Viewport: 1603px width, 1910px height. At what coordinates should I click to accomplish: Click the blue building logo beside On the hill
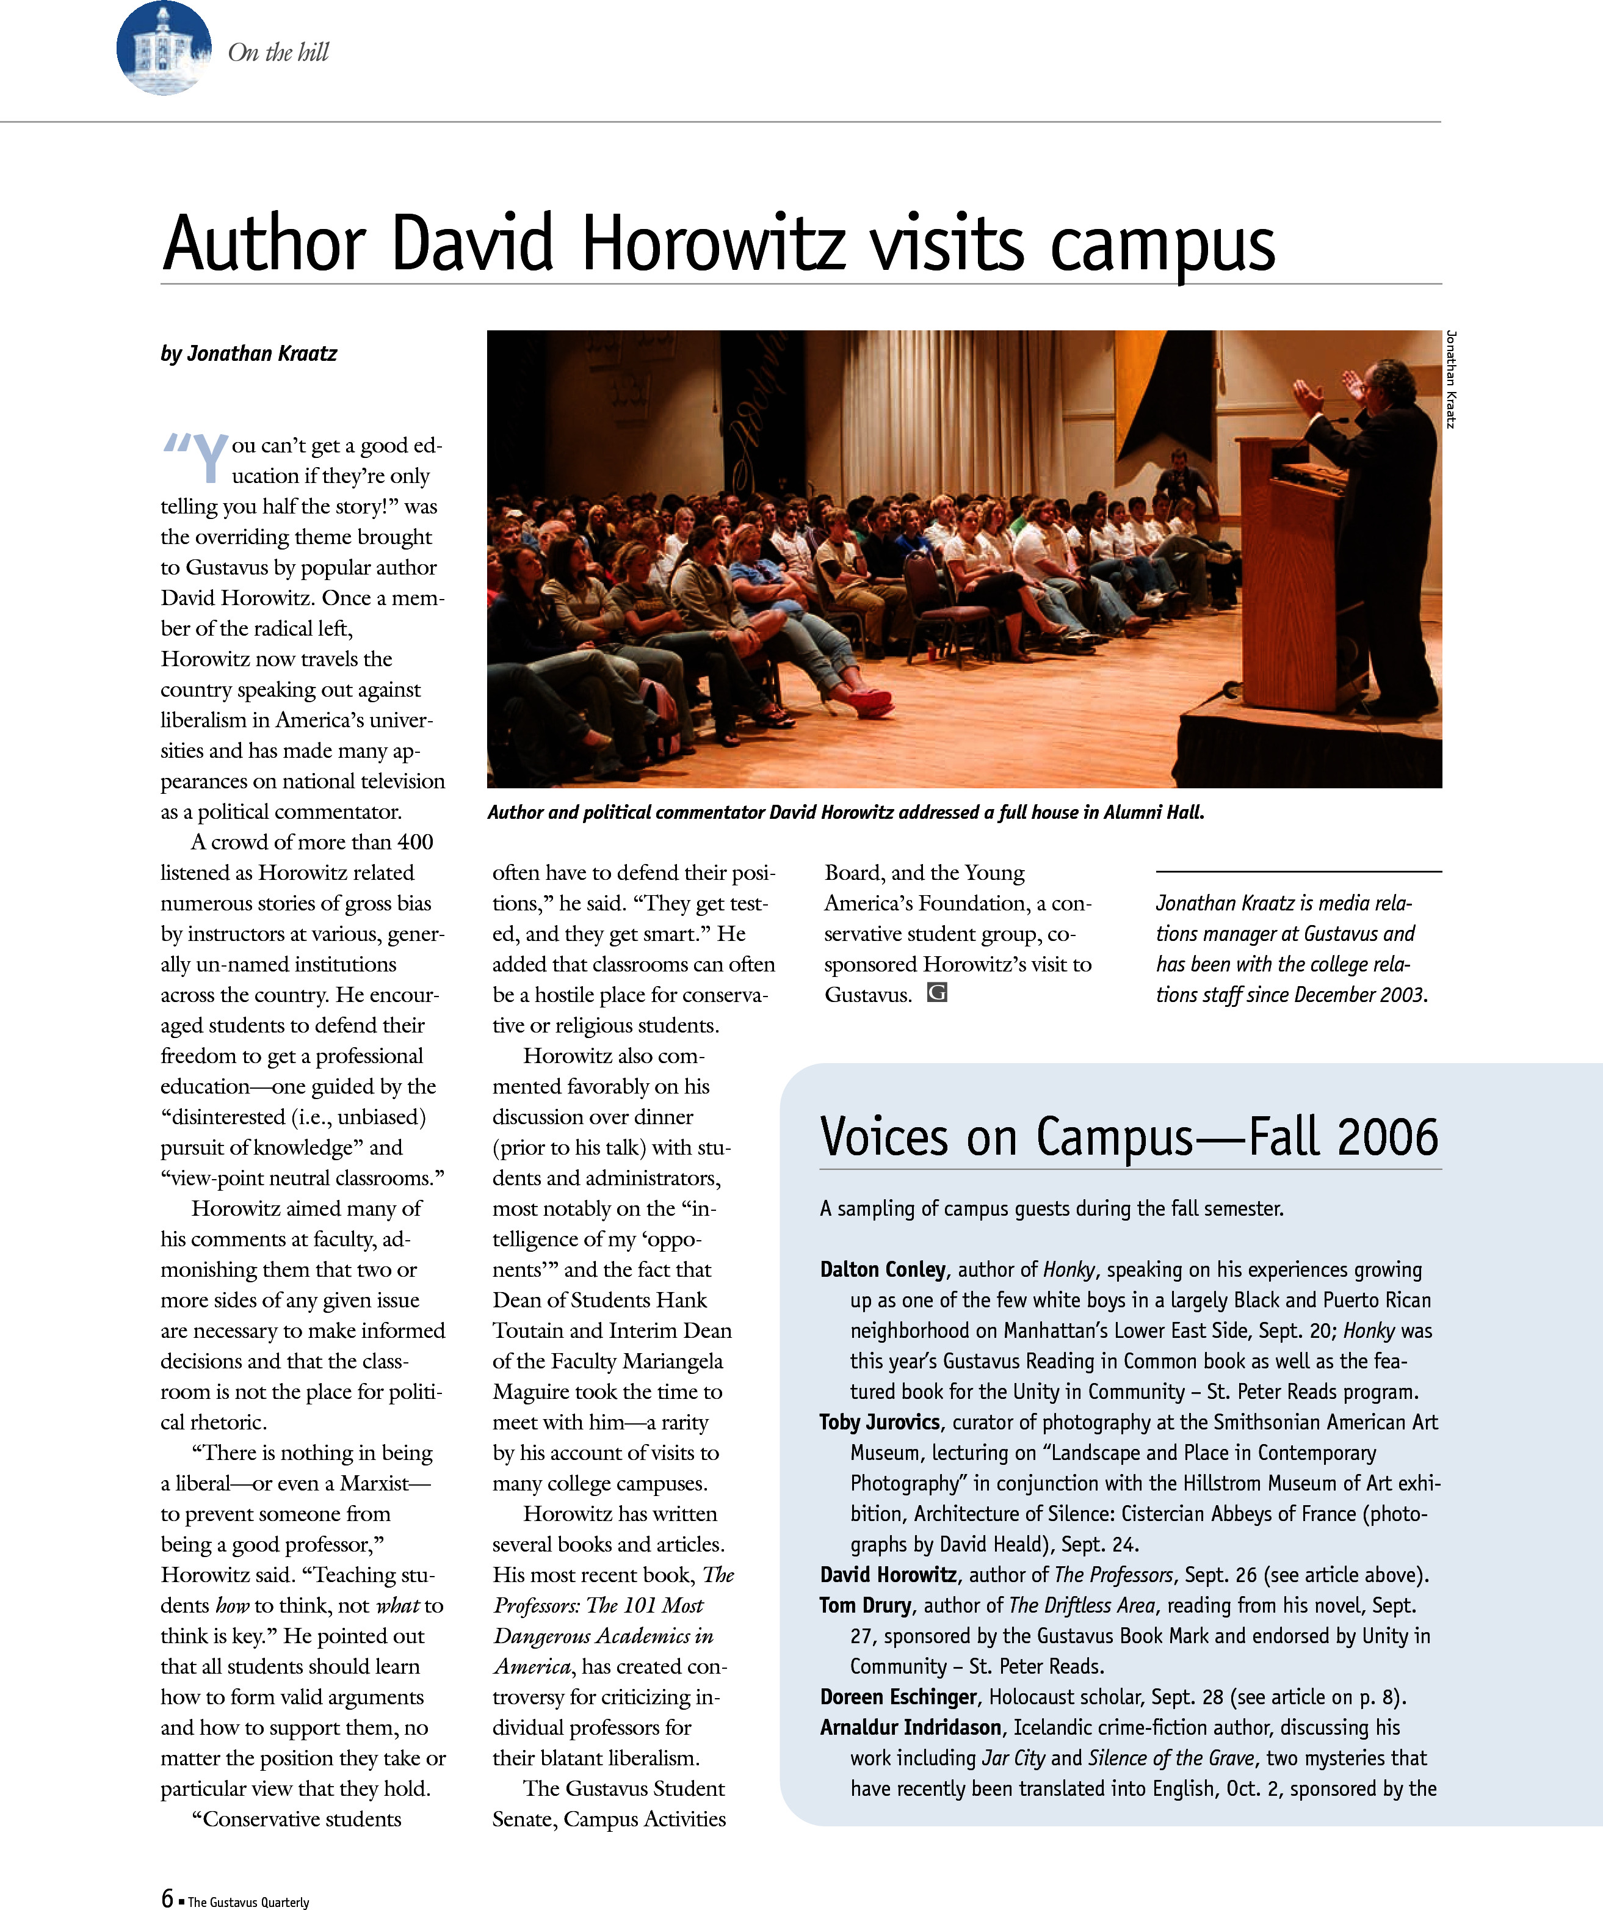[164, 48]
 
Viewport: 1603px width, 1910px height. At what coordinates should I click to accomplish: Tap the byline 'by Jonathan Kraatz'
[248, 354]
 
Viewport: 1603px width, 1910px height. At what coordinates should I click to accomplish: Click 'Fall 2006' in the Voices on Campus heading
[1343, 1137]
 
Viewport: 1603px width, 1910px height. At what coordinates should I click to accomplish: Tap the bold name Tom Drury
[865, 1605]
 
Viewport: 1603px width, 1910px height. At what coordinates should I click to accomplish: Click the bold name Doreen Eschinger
[897, 1697]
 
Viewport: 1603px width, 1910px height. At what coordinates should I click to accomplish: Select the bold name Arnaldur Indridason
[910, 1727]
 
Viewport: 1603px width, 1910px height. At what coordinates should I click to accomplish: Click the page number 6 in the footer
[167, 1897]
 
